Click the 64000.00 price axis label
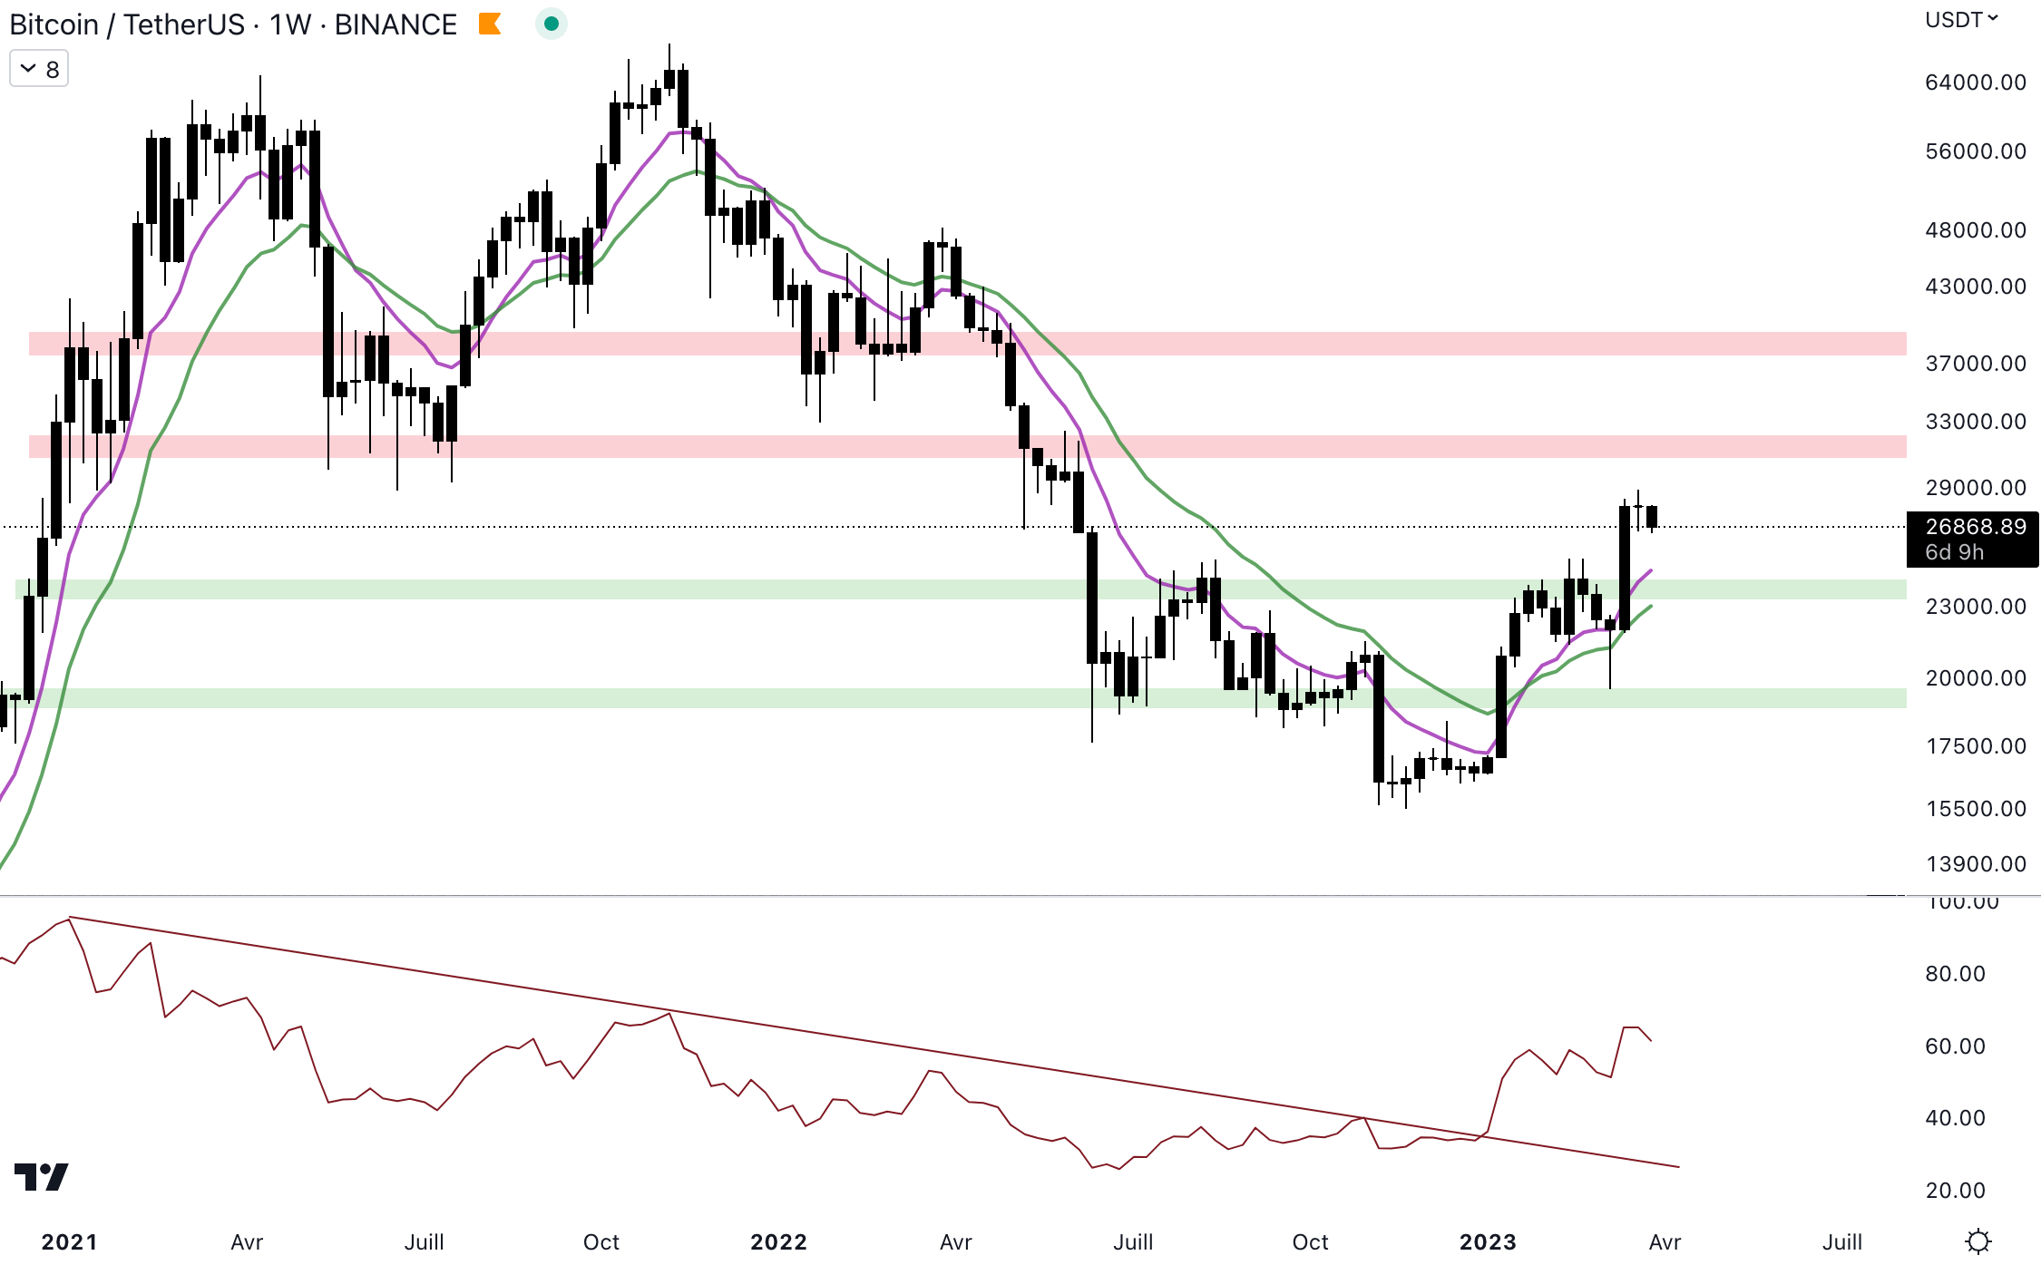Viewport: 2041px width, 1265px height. click(1975, 83)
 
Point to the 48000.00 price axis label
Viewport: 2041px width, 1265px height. click(1975, 230)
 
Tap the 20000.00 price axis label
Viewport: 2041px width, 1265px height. click(1975, 678)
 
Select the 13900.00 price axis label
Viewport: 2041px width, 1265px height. click(1975, 864)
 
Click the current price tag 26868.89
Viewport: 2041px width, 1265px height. click(1975, 527)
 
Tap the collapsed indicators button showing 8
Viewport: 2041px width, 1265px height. click(39, 70)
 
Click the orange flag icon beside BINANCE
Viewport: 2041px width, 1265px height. click(490, 24)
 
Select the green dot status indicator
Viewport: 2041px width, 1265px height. click(551, 24)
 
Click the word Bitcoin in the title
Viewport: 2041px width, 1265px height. click(54, 24)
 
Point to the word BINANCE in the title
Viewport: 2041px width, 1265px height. click(396, 24)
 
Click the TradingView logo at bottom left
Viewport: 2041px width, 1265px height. click(42, 1177)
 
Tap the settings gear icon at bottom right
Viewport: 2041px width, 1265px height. click(1978, 1241)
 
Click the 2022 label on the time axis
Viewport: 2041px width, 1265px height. click(778, 1242)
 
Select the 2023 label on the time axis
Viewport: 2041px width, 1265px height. click(1488, 1242)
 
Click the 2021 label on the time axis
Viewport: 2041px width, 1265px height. click(69, 1242)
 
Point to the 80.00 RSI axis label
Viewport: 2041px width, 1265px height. click(1955, 974)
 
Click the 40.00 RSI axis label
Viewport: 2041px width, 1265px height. click(1955, 1118)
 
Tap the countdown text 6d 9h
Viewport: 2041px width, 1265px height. click(1954, 552)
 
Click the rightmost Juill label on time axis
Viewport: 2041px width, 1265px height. click(1841, 1242)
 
